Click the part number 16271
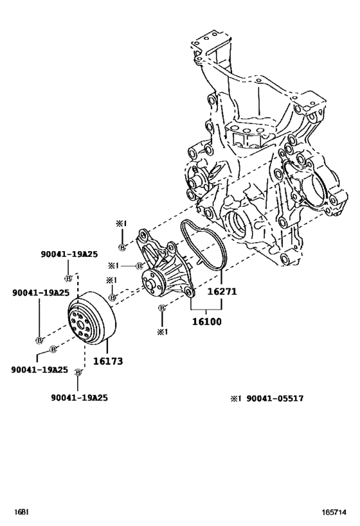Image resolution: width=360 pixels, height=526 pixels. coord(222,291)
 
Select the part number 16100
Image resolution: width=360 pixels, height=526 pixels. coord(206,319)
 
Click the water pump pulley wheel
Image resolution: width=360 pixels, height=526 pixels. coord(90,321)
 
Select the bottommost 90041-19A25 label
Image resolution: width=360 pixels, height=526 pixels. coord(79,398)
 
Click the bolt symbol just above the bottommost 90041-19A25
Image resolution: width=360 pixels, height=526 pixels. coord(78,372)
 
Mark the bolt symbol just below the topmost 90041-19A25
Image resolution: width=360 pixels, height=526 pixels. coord(67,278)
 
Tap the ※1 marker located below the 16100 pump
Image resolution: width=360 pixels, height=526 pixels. coord(162,331)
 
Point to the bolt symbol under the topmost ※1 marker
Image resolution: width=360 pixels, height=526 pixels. coord(122,248)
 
